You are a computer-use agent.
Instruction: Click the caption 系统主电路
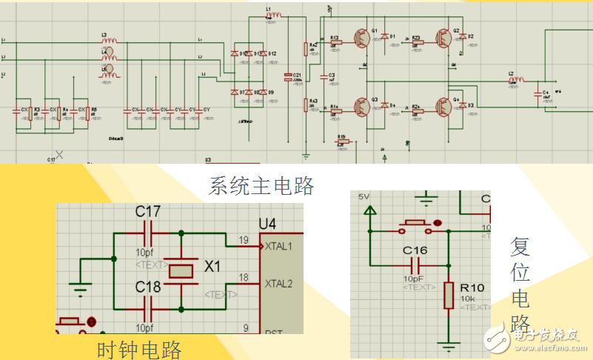pos(261,185)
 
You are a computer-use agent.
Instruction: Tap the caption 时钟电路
pos(139,348)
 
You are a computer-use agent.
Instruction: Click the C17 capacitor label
pos(148,213)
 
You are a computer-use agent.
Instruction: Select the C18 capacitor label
pos(148,286)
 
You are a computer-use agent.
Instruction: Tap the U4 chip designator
pos(269,223)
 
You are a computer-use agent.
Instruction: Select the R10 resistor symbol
pos(447,295)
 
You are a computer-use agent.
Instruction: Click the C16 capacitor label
pos(415,250)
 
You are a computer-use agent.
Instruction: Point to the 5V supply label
pos(363,197)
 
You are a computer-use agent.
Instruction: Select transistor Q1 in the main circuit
pos(363,38)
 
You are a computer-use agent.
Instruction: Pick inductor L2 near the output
pos(516,79)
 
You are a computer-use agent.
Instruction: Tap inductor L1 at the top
pos(273,14)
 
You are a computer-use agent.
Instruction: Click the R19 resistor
pos(341,143)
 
